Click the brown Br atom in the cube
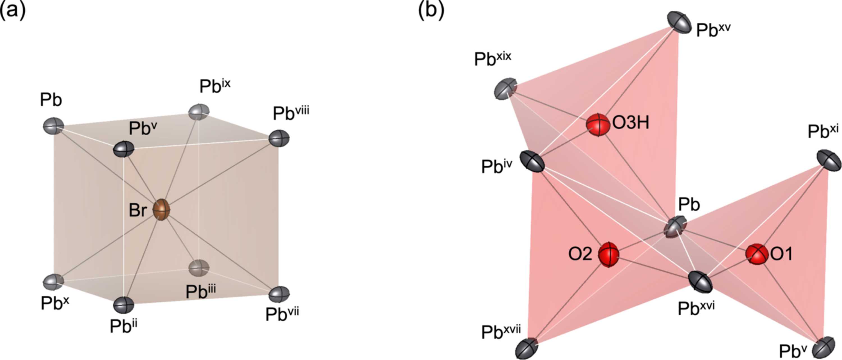161,209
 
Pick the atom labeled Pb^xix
505,89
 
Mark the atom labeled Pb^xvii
526,349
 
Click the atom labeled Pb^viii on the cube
279,138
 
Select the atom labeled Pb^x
53,282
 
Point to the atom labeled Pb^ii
123,305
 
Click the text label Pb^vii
282,313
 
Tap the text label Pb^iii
201,291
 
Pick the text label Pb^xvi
696,308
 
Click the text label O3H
631,123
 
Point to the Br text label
138,210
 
